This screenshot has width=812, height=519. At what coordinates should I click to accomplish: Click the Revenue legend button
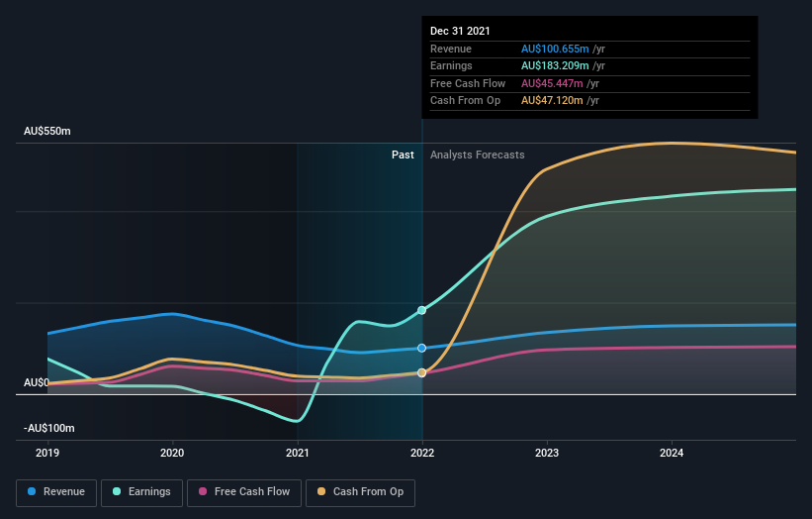click(56, 491)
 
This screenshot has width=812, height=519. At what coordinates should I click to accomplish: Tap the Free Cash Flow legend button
click(244, 491)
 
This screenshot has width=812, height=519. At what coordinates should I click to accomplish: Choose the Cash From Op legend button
click(361, 491)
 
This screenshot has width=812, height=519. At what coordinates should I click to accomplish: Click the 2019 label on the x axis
click(47, 453)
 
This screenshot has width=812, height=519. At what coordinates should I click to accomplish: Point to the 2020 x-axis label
click(172, 453)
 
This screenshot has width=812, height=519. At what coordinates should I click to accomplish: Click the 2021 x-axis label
click(297, 453)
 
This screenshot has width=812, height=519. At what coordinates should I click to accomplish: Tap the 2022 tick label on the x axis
click(422, 453)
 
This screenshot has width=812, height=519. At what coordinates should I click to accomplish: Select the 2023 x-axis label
click(547, 453)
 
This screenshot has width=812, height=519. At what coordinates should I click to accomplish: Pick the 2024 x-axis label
click(672, 453)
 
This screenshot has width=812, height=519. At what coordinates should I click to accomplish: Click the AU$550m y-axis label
click(47, 132)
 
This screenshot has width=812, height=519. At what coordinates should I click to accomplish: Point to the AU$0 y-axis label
click(37, 382)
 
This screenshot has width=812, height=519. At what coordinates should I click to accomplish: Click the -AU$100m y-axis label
click(49, 428)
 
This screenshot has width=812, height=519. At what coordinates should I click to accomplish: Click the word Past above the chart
click(403, 155)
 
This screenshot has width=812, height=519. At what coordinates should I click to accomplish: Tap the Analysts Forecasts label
click(477, 155)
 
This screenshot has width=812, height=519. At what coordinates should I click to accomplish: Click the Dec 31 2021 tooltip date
click(460, 32)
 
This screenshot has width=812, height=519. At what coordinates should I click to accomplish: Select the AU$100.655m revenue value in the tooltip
click(555, 49)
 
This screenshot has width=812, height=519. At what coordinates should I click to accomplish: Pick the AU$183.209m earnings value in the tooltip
click(555, 66)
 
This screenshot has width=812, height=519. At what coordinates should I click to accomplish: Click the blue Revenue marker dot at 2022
click(422, 348)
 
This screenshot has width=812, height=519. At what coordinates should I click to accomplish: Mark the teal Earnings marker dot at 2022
click(422, 310)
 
